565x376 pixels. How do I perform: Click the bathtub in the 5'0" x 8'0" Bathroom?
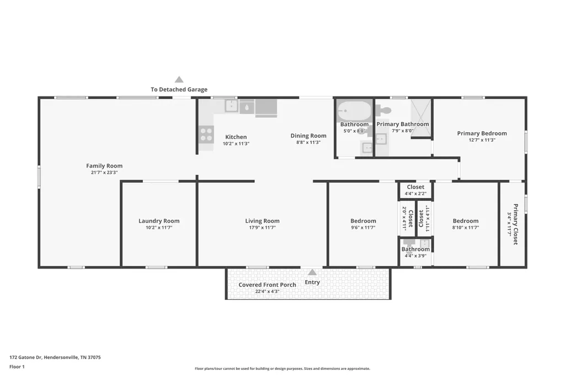354,111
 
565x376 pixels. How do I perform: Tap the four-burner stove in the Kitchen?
206,135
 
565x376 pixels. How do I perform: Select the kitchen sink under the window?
231,106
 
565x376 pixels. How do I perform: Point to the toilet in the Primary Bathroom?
383,110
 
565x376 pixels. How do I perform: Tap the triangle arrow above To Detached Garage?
179,79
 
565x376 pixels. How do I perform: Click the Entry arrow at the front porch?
312,272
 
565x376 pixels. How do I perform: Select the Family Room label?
104,165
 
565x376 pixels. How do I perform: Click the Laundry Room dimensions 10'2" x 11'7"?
159,228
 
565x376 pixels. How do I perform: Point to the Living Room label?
262,221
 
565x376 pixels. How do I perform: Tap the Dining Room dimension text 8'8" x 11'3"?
308,142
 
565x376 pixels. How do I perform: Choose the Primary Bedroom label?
482,133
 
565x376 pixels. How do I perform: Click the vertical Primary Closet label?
516,224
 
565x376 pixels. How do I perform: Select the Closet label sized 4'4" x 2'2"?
415,187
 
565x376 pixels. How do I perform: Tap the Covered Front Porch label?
268,284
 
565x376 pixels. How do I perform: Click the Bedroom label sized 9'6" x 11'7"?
363,221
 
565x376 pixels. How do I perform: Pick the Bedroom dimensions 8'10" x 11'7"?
466,228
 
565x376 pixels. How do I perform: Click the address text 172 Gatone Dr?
26,357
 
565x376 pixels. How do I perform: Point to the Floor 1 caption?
17,367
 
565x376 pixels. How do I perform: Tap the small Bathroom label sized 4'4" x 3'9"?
415,249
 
